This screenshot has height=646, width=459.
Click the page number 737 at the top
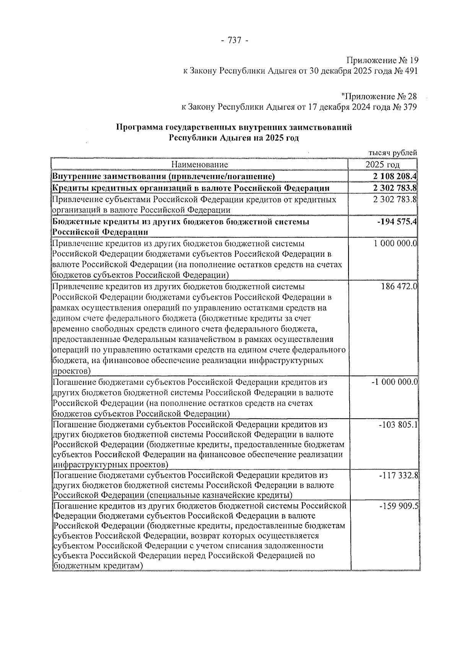click(234, 40)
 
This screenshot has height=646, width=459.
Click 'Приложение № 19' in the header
click(382, 60)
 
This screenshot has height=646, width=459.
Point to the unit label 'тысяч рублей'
click(392, 153)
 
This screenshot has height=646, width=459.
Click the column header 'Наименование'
click(199, 165)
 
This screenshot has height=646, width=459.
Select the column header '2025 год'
click(382, 165)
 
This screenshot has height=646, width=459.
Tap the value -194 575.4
click(397, 222)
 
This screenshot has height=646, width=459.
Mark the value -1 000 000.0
click(394, 382)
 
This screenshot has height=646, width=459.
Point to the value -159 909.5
click(398, 506)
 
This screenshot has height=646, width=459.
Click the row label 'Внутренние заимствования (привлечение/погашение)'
click(163, 176)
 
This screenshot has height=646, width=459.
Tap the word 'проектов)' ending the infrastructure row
click(72, 371)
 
